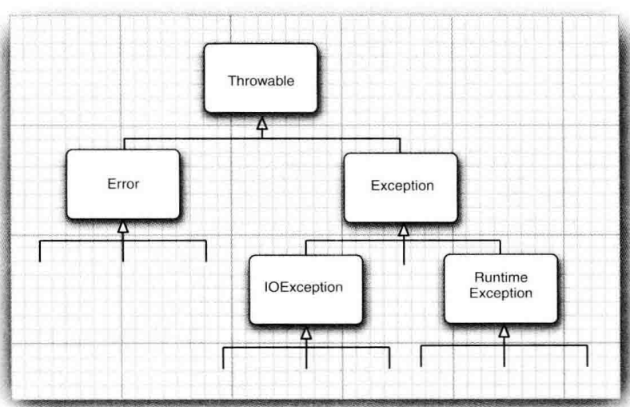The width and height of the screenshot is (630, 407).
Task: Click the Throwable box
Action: click(x=260, y=78)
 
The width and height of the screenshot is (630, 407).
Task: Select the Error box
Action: click(x=122, y=184)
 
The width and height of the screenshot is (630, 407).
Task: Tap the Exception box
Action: click(x=401, y=186)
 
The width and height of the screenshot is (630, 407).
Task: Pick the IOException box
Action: click(x=305, y=288)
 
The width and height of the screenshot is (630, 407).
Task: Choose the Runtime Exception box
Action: click(x=500, y=287)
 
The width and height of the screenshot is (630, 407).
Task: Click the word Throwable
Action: click(x=260, y=82)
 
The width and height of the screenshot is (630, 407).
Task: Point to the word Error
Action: click(x=122, y=183)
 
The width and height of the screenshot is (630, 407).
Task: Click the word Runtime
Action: click(x=500, y=277)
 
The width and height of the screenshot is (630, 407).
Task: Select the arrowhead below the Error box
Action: click(x=122, y=228)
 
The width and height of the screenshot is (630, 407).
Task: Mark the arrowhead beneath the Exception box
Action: click(x=403, y=230)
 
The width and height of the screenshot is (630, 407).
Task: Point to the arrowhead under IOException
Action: click(x=305, y=333)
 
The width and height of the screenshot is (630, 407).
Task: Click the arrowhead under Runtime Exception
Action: click(x=503, y=330)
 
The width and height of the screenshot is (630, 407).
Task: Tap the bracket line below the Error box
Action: click(x=80, y=240)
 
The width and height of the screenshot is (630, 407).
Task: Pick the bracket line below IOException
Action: click(x=264, y=348)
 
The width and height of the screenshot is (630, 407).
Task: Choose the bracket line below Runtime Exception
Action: click(x=464, y=345)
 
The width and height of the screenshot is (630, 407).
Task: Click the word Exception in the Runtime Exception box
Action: click(x=500, y=293)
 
